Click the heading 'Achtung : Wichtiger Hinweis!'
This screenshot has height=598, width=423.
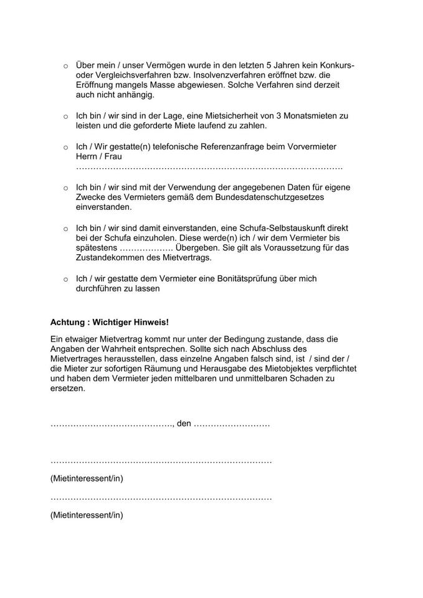110,322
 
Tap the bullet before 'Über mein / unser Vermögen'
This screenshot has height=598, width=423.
65,66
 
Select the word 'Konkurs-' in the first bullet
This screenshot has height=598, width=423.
337,65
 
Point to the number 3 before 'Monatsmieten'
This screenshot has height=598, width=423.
287,116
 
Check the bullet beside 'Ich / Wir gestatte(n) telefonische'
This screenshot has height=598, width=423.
65,147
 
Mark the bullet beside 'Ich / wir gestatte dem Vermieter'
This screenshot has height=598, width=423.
65,279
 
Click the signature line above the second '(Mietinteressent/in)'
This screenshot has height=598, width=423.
161,499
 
